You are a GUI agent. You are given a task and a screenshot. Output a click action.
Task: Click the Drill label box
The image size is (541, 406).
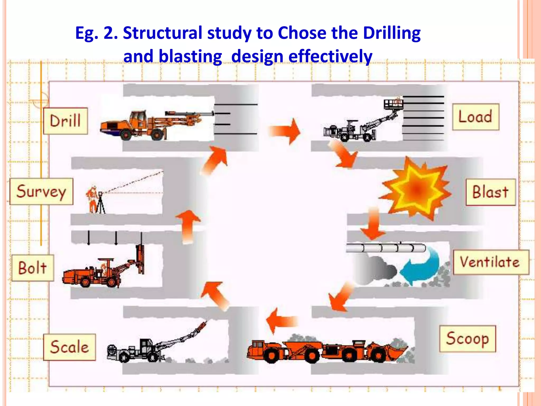tap(66, 121)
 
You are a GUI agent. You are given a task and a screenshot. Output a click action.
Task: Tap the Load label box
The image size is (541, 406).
tap(475, 117)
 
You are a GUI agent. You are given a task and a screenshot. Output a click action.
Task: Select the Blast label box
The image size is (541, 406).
tap(490, 192)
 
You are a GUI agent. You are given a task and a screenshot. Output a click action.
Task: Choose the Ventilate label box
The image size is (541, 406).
tap(491, 262)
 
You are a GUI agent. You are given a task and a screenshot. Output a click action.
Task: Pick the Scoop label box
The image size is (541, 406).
tap(467, 339)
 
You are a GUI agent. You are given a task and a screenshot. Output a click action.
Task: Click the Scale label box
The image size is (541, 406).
tap(69, 347)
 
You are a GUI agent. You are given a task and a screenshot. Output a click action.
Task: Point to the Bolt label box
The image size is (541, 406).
tap(33, 268)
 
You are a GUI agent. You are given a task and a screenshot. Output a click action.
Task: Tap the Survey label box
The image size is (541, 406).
tap(41, 191)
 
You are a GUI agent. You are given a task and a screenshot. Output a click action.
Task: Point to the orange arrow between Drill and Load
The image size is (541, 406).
tap(285, 131)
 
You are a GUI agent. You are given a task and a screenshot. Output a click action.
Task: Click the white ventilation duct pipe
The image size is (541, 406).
tap(386, 248)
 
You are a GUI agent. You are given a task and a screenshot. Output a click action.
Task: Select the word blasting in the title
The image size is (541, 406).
tap(172, 57)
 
